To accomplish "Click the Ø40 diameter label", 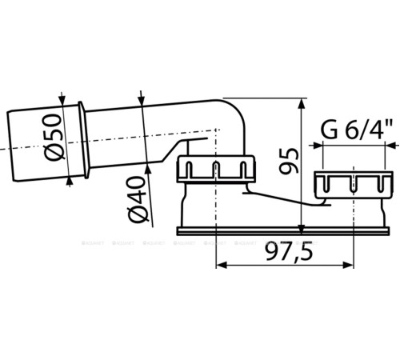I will click(x=136, y=196).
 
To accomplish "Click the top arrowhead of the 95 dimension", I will click(x=301, y=104).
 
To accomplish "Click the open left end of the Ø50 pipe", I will click(x=9, y=148).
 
